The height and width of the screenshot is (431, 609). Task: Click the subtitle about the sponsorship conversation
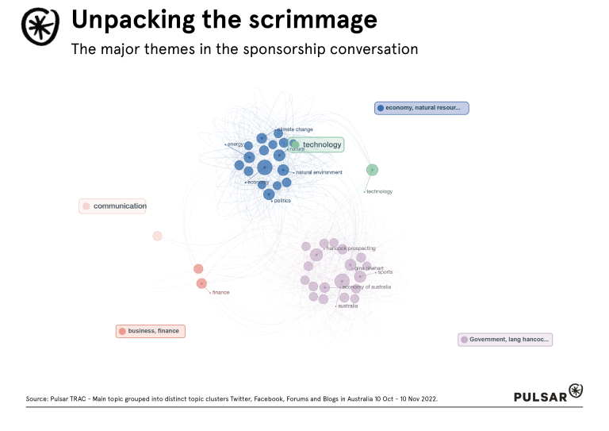pos(244,49)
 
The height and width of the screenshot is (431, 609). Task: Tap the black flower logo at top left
pos(39,28)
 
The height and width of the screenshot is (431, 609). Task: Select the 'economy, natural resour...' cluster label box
pos(422,108)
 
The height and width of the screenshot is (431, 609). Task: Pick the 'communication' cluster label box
pos(113,206)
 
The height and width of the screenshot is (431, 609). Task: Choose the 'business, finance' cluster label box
pos(151,331)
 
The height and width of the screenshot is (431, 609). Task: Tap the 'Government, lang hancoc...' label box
pos(505,340)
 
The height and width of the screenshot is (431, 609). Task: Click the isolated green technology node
pos(372,170)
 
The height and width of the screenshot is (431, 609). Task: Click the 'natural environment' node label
pos(319,172)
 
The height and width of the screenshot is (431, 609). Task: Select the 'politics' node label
pos(282,201)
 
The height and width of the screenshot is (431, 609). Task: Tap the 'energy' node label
pos(236,144)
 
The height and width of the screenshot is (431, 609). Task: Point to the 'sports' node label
pos(385,272)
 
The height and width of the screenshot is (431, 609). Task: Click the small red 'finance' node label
pos(220,292)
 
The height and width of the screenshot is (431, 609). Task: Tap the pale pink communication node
pos(157,236)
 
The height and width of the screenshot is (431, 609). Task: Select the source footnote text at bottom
pos(232,398)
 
